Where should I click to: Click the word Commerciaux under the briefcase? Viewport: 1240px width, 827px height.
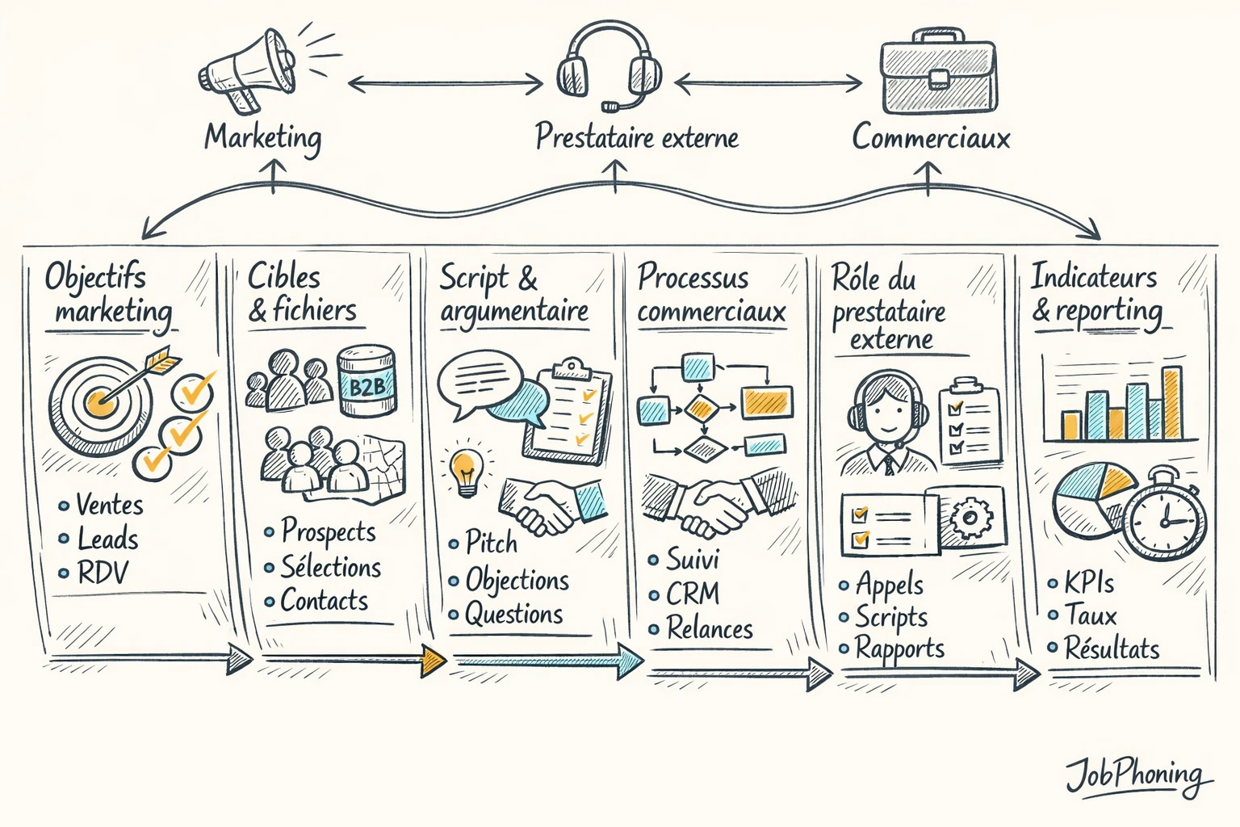[931, 137]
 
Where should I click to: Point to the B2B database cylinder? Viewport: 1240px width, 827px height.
[367, 381]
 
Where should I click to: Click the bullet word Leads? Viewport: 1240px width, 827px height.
[107, 539]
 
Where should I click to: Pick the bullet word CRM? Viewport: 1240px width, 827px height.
[692, 594]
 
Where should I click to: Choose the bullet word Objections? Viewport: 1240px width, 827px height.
[517, 580]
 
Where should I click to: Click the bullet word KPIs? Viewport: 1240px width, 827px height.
[1088, 582]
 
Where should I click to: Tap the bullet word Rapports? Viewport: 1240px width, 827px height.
[899, 649]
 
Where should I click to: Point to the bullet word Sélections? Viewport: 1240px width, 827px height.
[330, 567]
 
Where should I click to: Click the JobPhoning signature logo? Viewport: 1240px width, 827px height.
[1137, 775]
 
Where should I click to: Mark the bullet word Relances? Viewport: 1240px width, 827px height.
[709, 628]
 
